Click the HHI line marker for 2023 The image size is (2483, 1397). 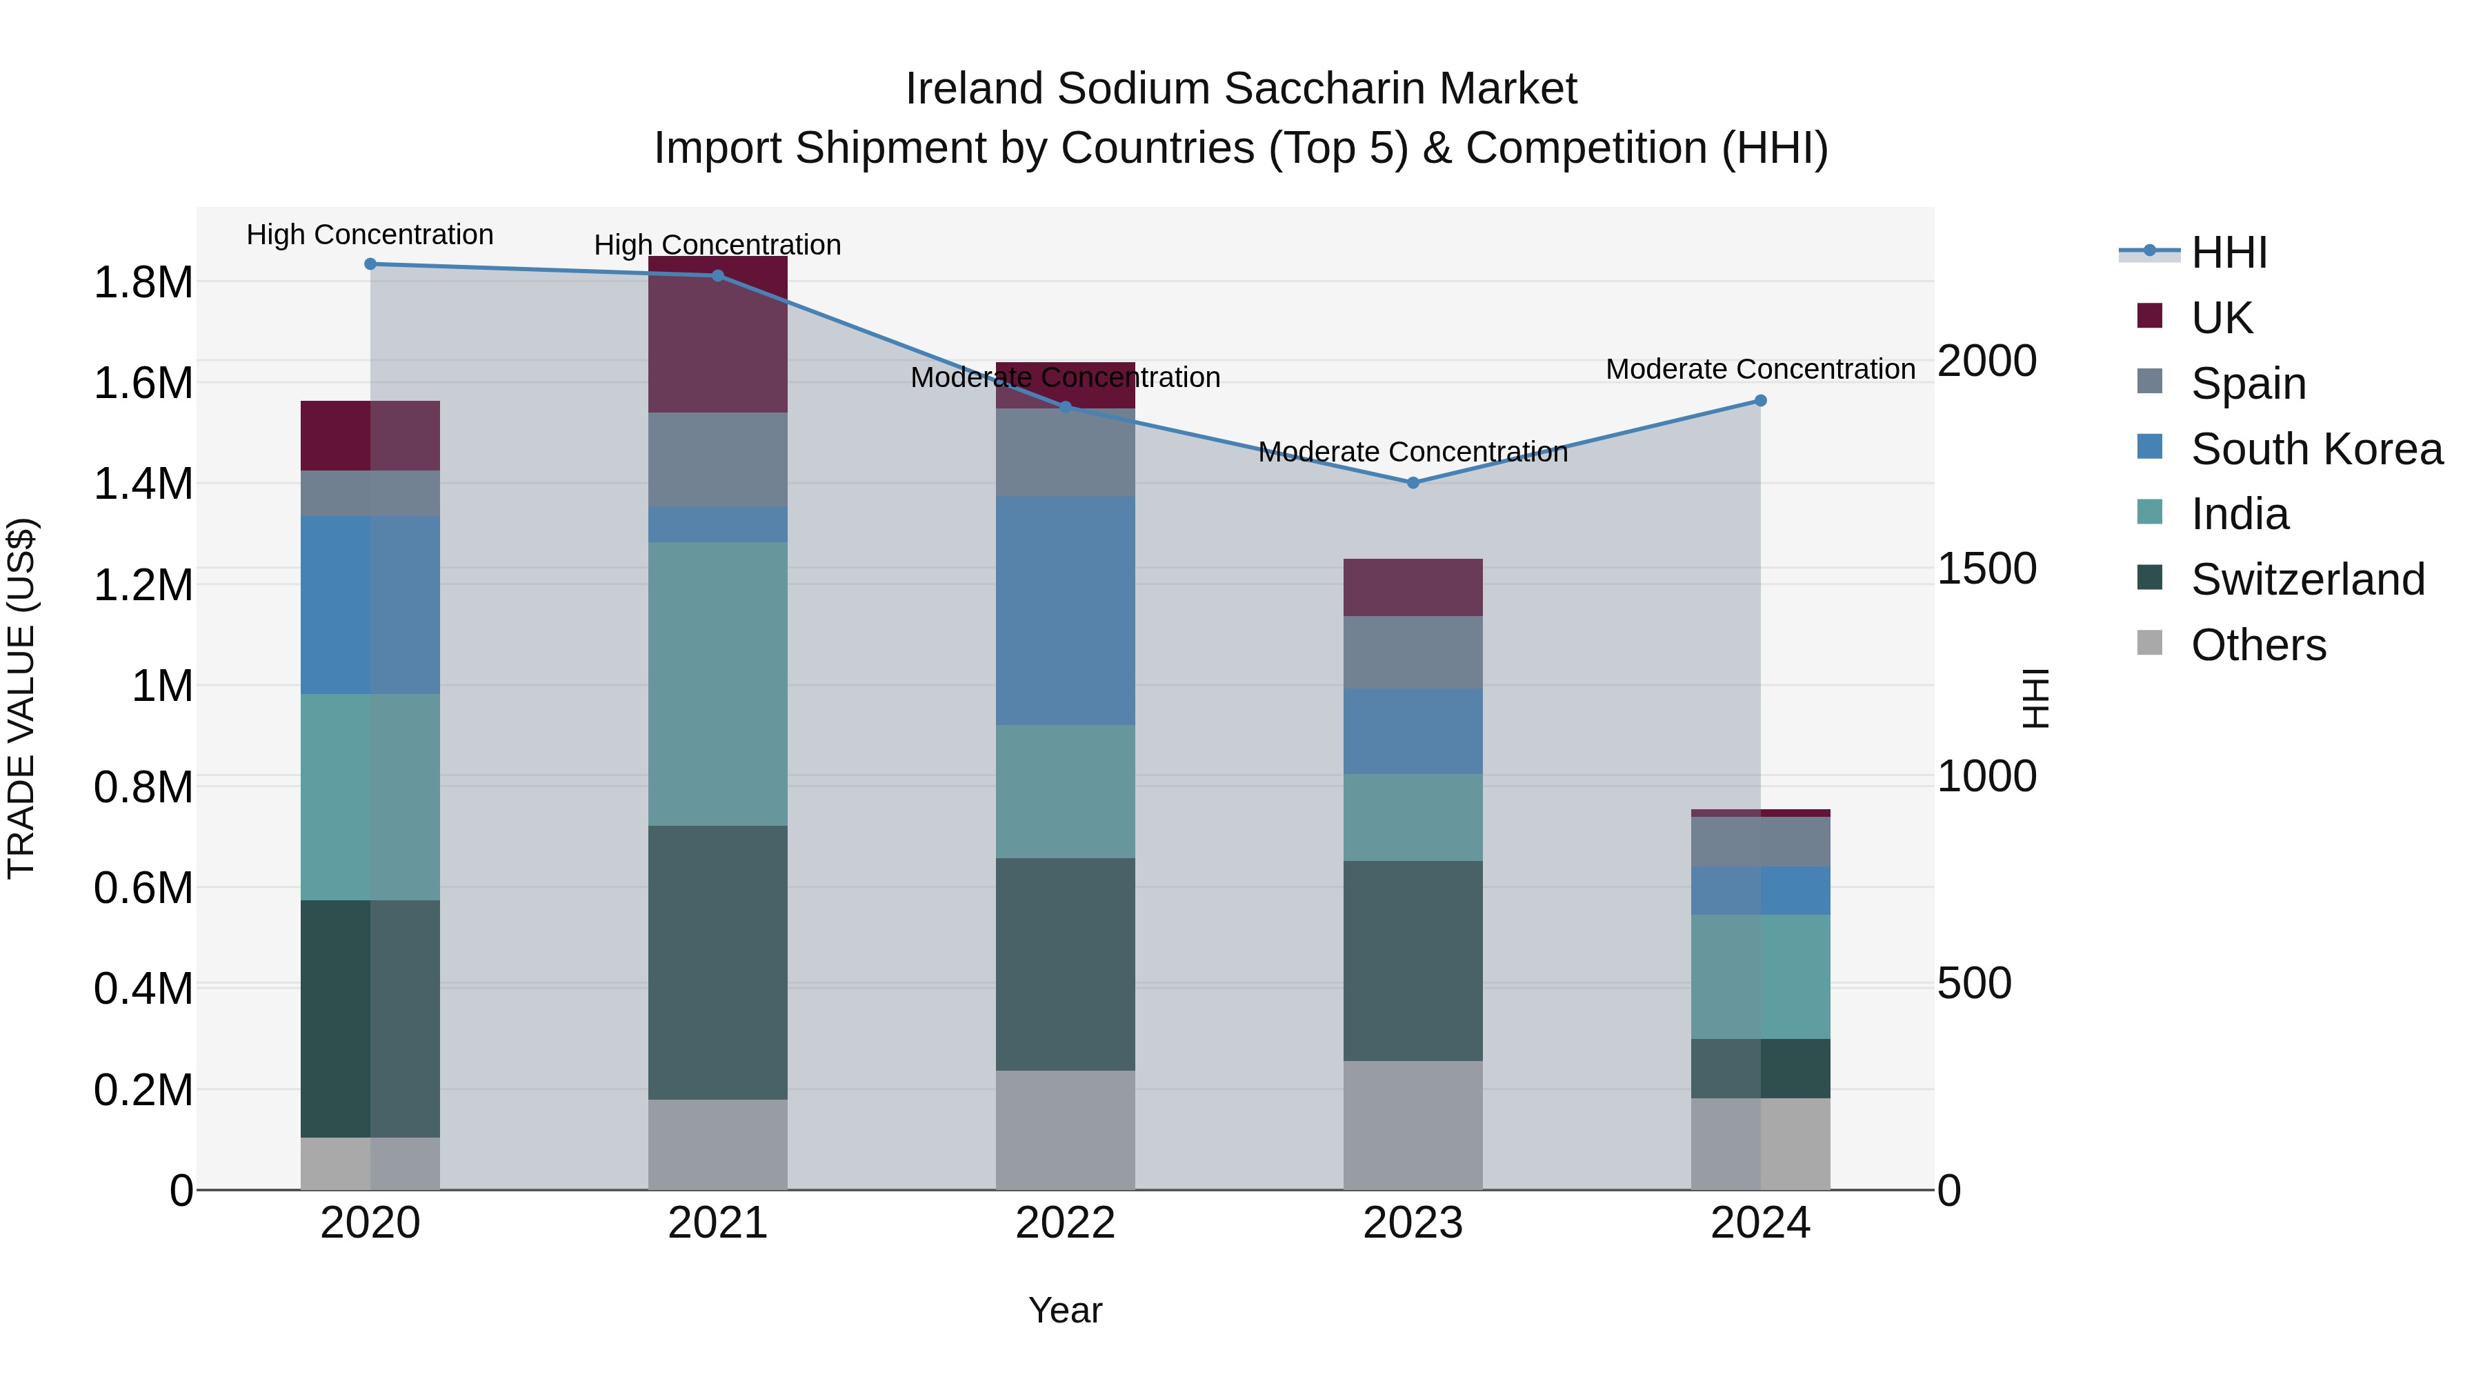[x=1413, y=483]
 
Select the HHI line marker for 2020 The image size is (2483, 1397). [x=370, y=264]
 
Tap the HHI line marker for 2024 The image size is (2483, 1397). [x=1760, y=400]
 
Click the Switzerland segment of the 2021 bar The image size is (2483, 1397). [x=717, y=962]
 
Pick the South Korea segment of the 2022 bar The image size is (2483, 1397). [x=1065, y=611]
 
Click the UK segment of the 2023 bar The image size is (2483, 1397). [x=1413, y=587]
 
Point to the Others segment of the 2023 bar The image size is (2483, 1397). [x=1413, y=1125]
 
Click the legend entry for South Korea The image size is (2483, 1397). [x=2316, y=449]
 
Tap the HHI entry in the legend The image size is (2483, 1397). [x=2228, y=252]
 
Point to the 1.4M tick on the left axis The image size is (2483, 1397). [x=143, y=484]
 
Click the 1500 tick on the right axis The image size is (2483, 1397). [x=1986, y=569]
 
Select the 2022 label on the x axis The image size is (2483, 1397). [x=1065, y=1223]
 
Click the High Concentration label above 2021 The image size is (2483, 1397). [x=717, y=245]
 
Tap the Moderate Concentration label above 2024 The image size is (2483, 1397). [x=1760, y=369]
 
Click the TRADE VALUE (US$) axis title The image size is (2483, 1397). [x=21, y=698]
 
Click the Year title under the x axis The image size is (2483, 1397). [x=1065, y=1310]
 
